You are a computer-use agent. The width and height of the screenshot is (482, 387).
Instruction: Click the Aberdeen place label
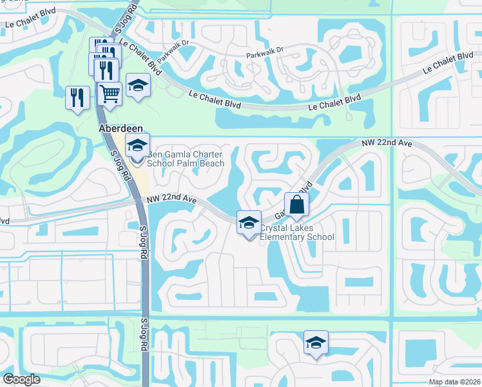pyautogui.click(x=120, y=129)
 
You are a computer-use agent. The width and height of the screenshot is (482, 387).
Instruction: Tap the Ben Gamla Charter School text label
pyautogui.click(x=186, y=159)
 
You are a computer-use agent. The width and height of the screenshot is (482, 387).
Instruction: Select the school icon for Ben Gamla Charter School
pyautogui.click(x=137, y=146)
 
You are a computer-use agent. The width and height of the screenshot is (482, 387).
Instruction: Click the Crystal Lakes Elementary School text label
pyautogui.click(x=297, y=232)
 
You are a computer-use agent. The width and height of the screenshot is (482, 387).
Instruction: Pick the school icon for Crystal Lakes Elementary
pyautogui.click(x=249, y=223)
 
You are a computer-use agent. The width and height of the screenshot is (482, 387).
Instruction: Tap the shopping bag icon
pyautogui.click(x=296, y=204)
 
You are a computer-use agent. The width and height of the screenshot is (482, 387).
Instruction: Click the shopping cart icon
pyautogui.click(x=110, y=94)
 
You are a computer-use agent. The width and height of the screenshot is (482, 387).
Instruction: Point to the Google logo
pyautogui.click(x=21, y=379)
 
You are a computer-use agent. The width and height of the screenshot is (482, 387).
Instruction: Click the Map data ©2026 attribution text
pyautogui.click(x=454, y=382)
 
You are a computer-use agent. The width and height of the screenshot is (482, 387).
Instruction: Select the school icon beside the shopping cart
pyautogui.click(x=138, y=86)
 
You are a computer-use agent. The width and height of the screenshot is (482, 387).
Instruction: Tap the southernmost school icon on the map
pyautogui.click(x=316, y=342)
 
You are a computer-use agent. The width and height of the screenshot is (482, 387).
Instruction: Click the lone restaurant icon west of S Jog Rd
pyautogui.click(x=77, y=98)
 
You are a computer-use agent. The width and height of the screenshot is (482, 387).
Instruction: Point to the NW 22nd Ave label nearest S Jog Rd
pyautogui.click(x=171, y=201)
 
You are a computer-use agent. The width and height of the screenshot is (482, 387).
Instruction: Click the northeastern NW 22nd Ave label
pyautogui.click(x=387, y=143)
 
